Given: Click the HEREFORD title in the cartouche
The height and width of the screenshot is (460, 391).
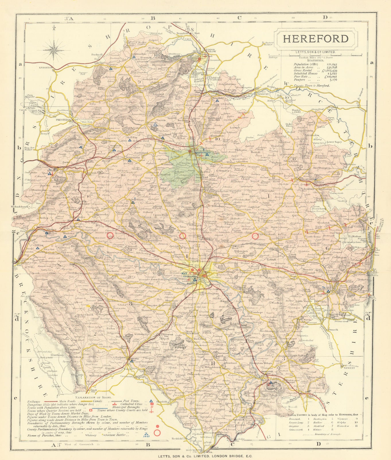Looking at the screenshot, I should (312, 39).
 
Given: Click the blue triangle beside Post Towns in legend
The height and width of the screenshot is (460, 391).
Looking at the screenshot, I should (151, 401).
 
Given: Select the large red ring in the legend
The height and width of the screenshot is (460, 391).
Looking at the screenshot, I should (157, 432).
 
